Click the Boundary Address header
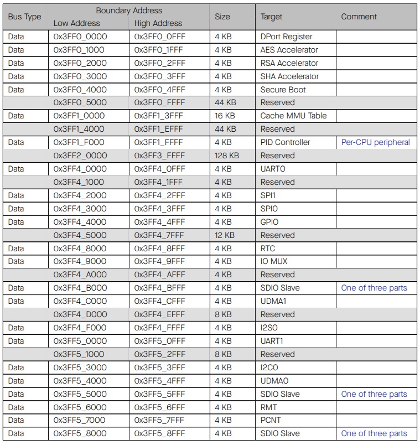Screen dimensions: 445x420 tap(129, 11)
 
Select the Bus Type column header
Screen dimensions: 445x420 tap(24, 17)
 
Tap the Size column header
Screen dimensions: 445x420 tap(222, 17)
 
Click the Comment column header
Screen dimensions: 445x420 tap(359, 17)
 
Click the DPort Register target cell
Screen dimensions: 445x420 tap(286, 37)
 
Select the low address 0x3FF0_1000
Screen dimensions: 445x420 tap(80, 50)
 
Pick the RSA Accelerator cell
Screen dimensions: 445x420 tap(289, 63)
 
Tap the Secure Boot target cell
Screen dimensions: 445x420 tap(283, 90)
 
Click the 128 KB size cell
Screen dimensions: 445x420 tap(227, 156)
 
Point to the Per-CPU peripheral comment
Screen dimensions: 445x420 tap(375, 142)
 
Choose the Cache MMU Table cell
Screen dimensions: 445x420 tap(293, 116)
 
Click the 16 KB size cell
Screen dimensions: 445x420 tap(224, 116)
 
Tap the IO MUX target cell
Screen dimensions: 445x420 tap(274, 261)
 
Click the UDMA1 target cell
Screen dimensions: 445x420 tap(273, 301)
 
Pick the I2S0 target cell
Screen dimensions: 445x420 tap(269, 328)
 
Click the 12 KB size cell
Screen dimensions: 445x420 tap(224, 235)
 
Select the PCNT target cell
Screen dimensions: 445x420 tap(271, 421)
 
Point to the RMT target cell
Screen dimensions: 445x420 tap(269, 407)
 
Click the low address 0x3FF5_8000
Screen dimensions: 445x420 tap(80, 433)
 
